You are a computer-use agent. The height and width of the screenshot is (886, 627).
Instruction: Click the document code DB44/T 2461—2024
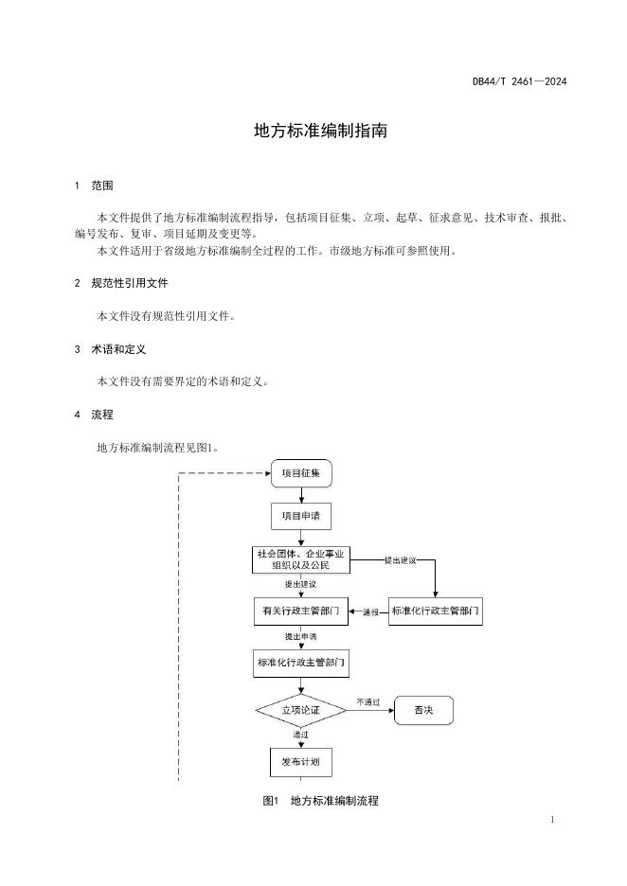point(520,81)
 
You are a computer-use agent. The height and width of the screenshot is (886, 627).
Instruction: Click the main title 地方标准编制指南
point(320,131)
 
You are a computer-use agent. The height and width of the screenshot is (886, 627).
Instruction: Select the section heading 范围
point(102,186)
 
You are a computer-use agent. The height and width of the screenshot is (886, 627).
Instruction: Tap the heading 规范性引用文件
point(130,283)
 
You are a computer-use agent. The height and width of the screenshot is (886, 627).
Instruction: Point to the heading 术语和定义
point(118,349)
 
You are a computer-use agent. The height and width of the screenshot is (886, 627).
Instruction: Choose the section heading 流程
point(102,415)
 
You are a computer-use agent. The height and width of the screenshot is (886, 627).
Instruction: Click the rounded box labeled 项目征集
point(301,473)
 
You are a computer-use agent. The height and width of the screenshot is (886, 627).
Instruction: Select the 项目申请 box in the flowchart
point(301,516)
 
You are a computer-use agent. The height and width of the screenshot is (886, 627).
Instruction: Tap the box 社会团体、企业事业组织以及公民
point(301,560)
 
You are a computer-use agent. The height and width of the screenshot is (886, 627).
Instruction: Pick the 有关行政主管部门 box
point(301,611)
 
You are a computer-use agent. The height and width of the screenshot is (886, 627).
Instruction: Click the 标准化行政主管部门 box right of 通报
point(436,611)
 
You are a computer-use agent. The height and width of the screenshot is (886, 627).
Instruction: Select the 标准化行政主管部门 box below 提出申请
point(301,663)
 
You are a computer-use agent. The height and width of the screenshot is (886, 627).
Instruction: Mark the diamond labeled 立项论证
point(301,710)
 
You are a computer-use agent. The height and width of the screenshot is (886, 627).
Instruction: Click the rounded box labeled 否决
point(423,710)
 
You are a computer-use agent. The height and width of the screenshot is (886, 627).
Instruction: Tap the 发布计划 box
point(301,762)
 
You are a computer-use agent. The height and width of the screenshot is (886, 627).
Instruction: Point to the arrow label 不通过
point(368,702)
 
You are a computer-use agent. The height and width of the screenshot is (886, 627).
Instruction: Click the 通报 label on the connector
point(370,611)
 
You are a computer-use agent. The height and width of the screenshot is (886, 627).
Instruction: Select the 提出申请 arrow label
point(301,637)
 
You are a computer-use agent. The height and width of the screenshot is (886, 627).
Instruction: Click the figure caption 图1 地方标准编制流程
point(320,801)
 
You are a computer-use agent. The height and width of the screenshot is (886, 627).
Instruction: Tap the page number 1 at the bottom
point(552,820)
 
